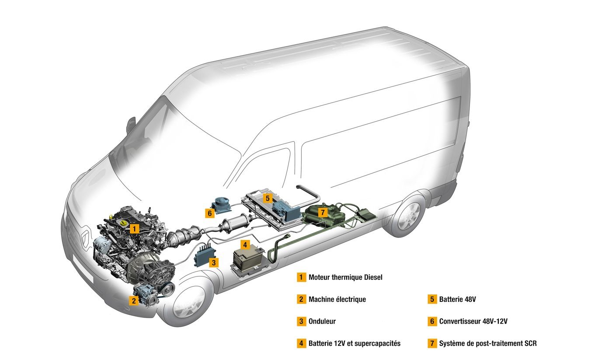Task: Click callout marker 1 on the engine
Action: tap(135, 228)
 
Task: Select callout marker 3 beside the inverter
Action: tap(213, 262)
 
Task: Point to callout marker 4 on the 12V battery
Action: tap(246, 245)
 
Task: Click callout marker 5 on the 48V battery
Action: tap(268, 198)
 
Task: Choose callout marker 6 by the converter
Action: tap(210, 213)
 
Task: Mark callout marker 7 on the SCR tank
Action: tap(323, 213)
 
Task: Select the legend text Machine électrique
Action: tap(337, 299)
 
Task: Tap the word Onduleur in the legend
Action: tap(322, 322)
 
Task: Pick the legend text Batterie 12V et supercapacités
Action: tap(354, 343)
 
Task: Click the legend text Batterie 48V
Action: tap(457, 299)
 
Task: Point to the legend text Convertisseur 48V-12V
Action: tap(473, 322)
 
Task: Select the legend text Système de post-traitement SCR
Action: tap(487, 343)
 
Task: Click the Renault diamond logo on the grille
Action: tap(84, 239)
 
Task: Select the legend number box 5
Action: tap(432, 299)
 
